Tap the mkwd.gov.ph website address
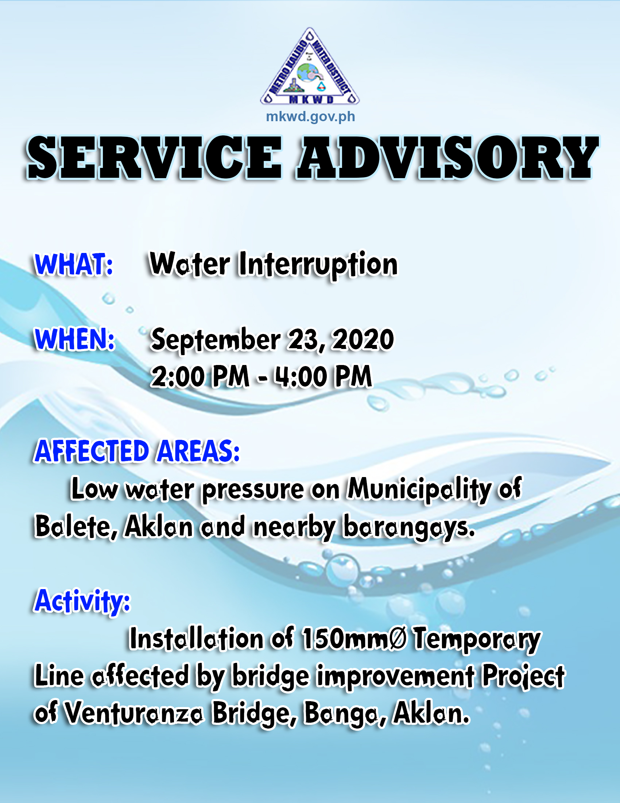[x=310, y=116]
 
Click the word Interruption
[x=318, y=265]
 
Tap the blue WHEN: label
[x=74, y=339]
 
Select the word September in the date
[x=216, y=340]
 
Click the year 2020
[x=363, y=340]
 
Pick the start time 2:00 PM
[x=200, y=377]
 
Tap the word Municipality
[x=419, y=490]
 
